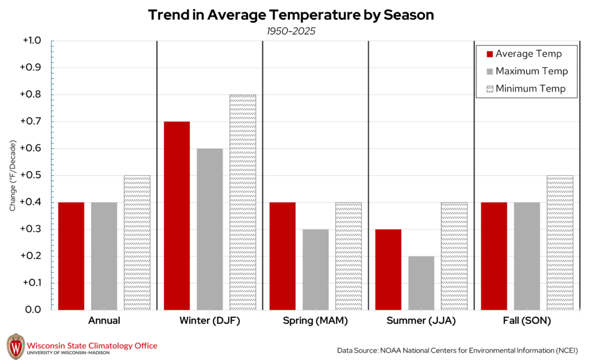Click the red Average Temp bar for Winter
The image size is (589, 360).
177,216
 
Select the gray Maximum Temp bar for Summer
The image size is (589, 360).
421,283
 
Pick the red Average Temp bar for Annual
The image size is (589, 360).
71,256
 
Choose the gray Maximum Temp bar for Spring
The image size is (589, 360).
315,270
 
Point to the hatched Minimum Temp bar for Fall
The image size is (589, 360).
560,243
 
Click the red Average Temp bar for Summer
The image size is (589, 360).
388,270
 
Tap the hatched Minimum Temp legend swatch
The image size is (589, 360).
490,89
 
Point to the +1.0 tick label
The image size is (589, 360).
31,41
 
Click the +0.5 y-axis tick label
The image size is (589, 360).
31,175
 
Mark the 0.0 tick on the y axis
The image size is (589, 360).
33,310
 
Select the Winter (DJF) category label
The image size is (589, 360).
210,321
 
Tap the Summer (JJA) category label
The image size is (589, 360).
420,321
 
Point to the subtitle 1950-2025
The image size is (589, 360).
290,31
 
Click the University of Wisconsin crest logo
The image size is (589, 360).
16,346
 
